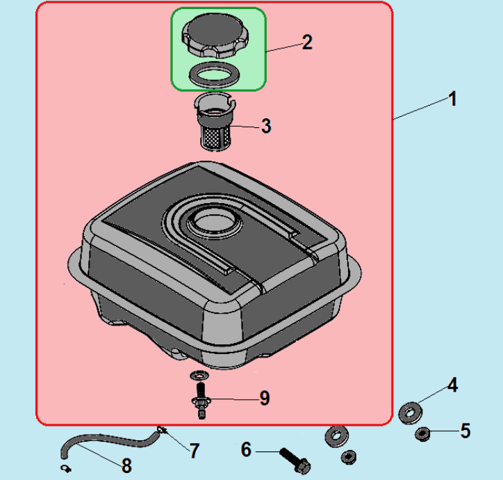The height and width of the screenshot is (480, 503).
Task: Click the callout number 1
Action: [x=453, y=99]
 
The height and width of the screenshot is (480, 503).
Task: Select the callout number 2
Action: [x=307, y=42]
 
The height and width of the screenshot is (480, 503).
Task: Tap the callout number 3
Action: [x=266, y=126]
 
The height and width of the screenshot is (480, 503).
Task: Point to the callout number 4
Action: [x=452, y=385]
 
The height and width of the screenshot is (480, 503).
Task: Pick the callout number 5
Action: [x=465, y=431]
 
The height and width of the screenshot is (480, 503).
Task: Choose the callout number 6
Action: [x=246, y=449]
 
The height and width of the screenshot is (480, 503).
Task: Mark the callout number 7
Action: [x=195, y=451]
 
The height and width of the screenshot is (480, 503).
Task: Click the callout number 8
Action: [x=126, y=465]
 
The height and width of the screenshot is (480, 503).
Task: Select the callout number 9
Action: [x=265, y=399]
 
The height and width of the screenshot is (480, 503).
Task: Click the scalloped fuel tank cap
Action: [x=215, y=35]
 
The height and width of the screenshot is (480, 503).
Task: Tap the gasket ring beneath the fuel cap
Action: [x=214, y=75]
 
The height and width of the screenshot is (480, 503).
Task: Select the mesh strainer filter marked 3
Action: [x=215, y=122]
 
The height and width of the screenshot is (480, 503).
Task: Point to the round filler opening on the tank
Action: [x=214, y=222]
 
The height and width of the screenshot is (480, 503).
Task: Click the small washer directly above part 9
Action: [x=199, y=375]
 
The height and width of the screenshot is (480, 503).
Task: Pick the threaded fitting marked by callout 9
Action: [x=201, y=400]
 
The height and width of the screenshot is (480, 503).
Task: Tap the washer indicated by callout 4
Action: [x=411, y=413]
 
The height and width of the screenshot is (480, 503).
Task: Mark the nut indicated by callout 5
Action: [x=422, y=434]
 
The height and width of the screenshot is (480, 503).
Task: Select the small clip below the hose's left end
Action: [x=66, y=469]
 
